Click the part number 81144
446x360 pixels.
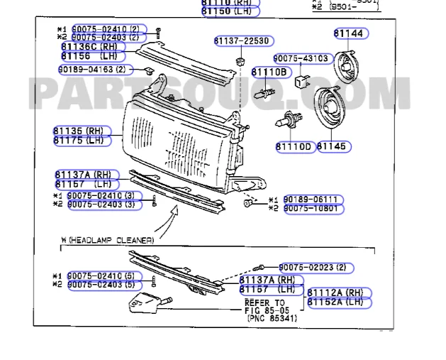347,33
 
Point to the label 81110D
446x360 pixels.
294,146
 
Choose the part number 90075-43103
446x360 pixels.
301,58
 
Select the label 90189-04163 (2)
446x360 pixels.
94,70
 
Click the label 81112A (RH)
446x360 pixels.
338,293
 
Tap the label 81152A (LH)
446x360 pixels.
338,302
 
